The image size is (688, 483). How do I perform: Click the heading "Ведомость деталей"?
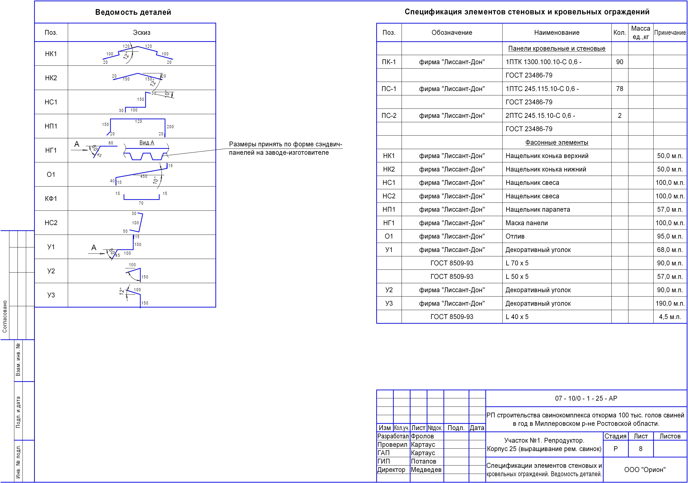pos(133,12)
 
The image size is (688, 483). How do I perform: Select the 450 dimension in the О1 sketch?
pos(144,176)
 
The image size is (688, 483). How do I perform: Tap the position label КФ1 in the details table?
pos(51,198)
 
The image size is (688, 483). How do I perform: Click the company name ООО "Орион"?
pos(645,470)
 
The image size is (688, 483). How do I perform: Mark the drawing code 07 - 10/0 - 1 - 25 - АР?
pos(586,398)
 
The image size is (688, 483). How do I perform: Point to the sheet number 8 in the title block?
pos(641,448)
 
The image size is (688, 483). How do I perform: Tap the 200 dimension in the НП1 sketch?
pos(170,127)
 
